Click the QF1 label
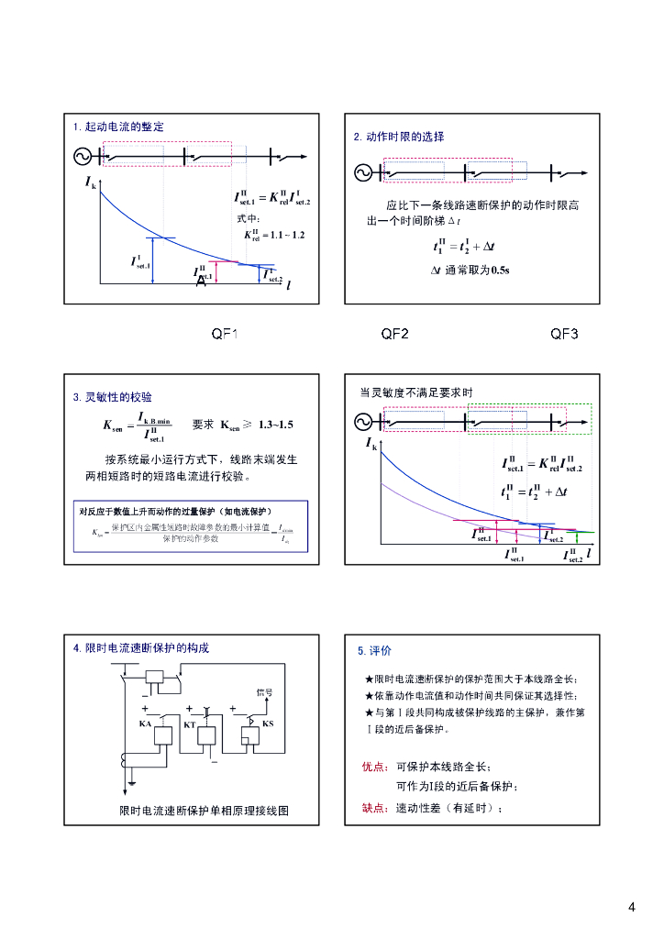(x=225, y=334)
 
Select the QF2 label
(x=394, y=334)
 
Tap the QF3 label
(x=564, y=334)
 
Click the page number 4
(x=632, y=908)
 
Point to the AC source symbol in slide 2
(x=363, y=171)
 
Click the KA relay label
(x=145, y=724)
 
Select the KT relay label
(x=190, y=724)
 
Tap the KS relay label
(x=268, y=724)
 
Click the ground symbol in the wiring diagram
(x=133, y=782)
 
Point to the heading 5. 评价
(x=374, y=651)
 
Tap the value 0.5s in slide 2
(x=500, y=270)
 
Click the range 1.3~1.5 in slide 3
(x=276, y=425)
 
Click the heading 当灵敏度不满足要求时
(x=416, y=392)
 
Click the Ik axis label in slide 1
(x=90, y=184)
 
